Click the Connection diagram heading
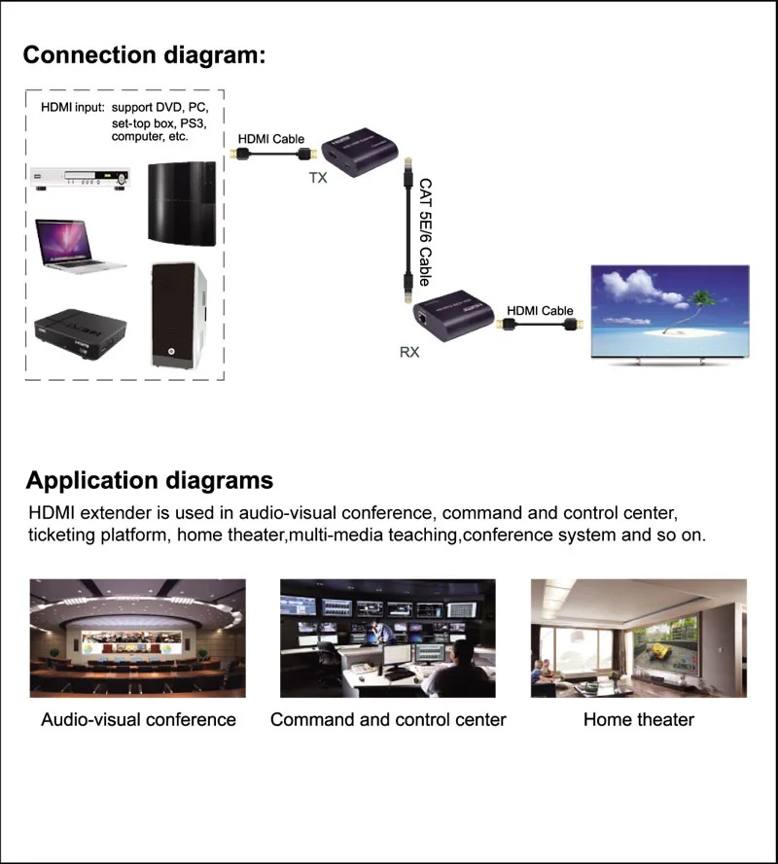point(144,54)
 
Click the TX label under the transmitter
point(318,178)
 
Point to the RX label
point(409,352)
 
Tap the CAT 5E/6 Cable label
point(425,230)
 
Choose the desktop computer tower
point(178,316)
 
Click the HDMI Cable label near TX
point(273,139)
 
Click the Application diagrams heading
point(150,480)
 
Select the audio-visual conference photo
point(138,639)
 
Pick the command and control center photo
point(388,639)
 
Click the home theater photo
point(639,639)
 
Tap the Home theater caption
point(639,720)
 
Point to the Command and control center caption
point(388,720)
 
